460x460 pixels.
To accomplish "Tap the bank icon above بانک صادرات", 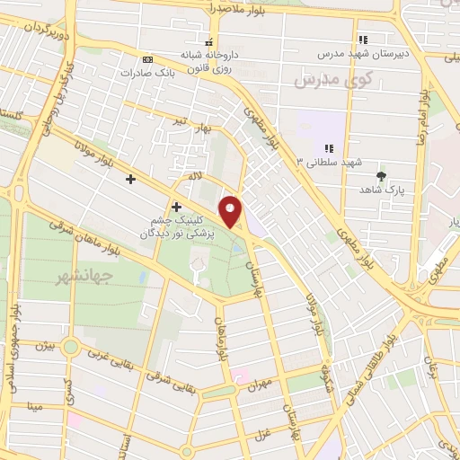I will click(x=148, y=58).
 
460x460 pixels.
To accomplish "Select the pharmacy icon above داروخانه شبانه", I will click(x=209, y=42).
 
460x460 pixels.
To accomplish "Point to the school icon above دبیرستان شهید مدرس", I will click(x=364, y=40).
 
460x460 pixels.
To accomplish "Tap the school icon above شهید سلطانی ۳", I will click(x=329, y=147).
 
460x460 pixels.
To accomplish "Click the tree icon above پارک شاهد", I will click(x=381, y=176).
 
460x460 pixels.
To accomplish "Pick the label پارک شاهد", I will click(x=380, y=191).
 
